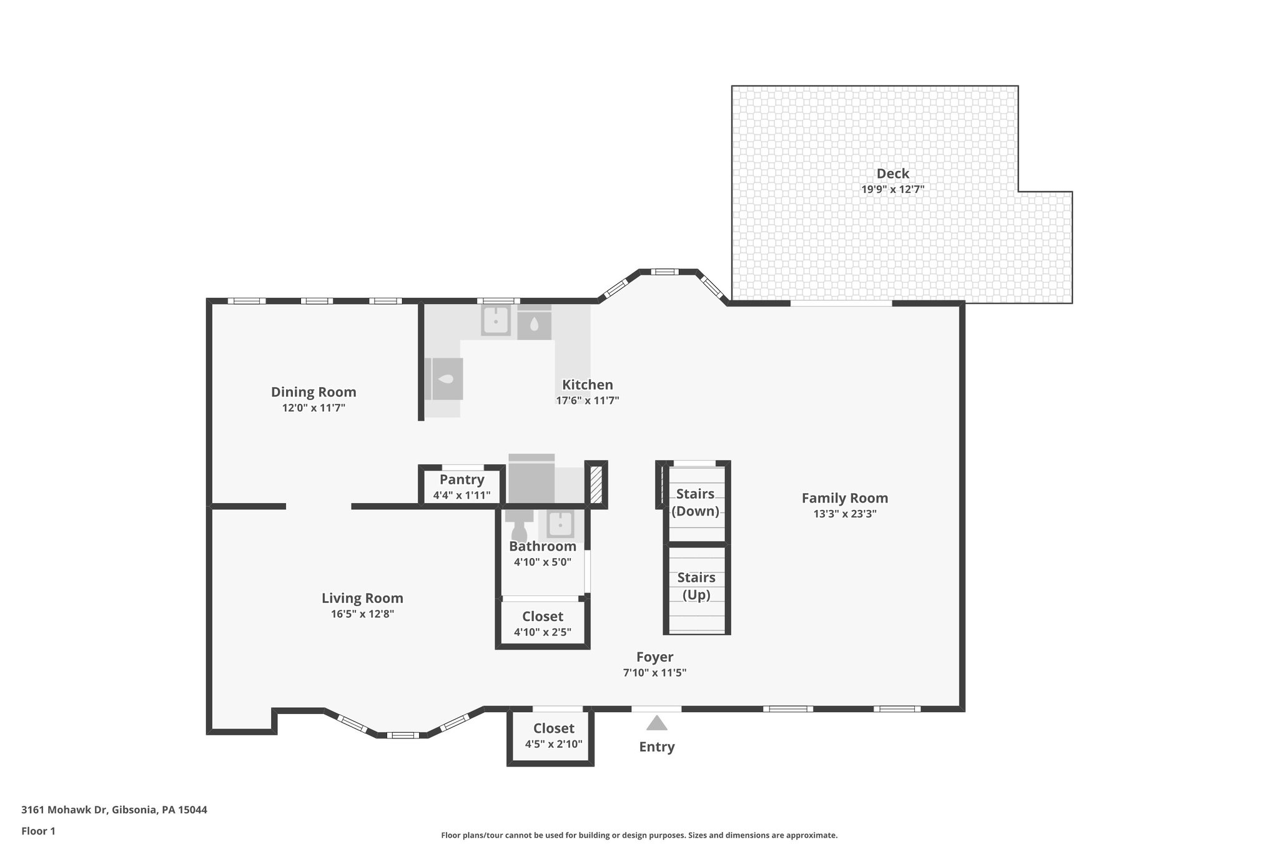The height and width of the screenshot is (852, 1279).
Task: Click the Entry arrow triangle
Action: pyautogui.click(x=656, y=723)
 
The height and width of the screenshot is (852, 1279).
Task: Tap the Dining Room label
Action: pyautogui.click(x=314, y=392)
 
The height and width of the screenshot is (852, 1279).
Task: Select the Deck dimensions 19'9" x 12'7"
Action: pyautogui.click(x=892, y=189)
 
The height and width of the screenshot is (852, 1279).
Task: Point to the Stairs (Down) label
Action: pyautogui.click(x=695, y=502)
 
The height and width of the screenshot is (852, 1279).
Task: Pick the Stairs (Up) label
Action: pyautogui.click(x=696, y=585)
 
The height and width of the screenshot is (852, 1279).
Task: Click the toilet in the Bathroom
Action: pyautogui.click(x=519, y=525)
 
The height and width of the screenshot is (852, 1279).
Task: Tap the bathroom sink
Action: pyautogui.click(x=560, y=524)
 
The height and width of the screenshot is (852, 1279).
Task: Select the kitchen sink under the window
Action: pyautogui.click(x=496, y=320)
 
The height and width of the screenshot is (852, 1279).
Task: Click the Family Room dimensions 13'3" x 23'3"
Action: pyautogui.click(x=844, y=514)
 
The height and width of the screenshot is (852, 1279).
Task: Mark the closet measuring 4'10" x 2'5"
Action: pyautogui.click(x=542, y=624)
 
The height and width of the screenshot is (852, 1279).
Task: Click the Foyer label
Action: pyautogui.click(x=654, y=657)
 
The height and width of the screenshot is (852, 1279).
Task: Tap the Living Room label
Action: pyautogui.click(x=362, y=598)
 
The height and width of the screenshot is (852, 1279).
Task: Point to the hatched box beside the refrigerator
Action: pyautogui.click(x=596, y=484)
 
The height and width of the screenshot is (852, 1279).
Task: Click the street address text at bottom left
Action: pyautogui.click(x=114, y=810)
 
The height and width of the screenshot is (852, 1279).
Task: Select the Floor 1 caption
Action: pyautogui.click(x=38, y=831)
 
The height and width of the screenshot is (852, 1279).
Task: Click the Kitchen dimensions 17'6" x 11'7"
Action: pyautogui.click(x=587, y=401)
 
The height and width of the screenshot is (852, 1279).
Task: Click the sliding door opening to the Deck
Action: pyautogui.click(x=841, y=303)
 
